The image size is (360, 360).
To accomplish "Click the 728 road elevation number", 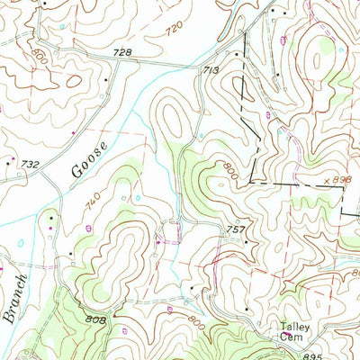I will pos(122,54).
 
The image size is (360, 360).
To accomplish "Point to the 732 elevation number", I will pos(31,165).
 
